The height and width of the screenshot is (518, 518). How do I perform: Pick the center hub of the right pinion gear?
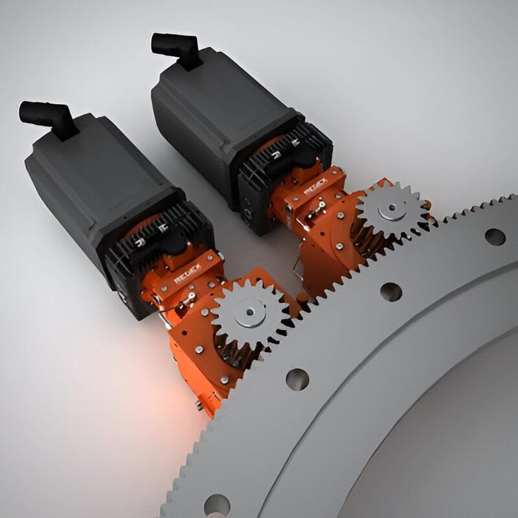click(391, 209)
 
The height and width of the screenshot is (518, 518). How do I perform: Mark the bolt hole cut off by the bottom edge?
click(216, 505)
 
